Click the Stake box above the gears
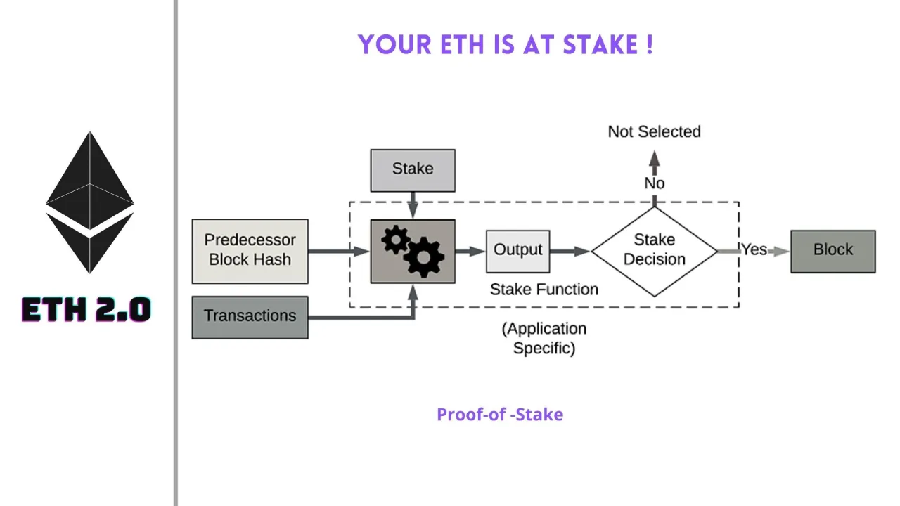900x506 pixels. tap(413, 170)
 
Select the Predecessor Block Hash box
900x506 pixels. tap(250, 251)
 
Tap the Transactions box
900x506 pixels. tap(250, 317)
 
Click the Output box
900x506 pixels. tap(517, 251)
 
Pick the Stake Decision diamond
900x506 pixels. tap(654, 251)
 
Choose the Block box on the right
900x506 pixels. tap(832, 251)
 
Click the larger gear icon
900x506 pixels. tap(424, 258)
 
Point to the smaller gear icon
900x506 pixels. tap(395, 240)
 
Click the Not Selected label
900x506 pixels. tap(654, 132)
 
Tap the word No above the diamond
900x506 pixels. tap(654, 183)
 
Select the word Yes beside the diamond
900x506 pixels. tap(754, 249)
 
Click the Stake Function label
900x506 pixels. tap(544, 290)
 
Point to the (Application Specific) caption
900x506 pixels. tap(544, 338)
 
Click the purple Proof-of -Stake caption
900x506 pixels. tap(499, 415)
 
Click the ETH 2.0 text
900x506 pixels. tap(86, 310)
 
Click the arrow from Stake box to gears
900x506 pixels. tap(413, 205)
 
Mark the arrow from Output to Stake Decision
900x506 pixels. tap(570, 251)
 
